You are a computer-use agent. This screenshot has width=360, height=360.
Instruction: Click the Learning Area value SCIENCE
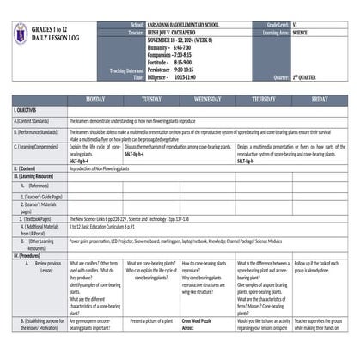pos(300,33)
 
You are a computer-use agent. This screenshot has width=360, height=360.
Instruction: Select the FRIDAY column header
pos(320,99)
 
